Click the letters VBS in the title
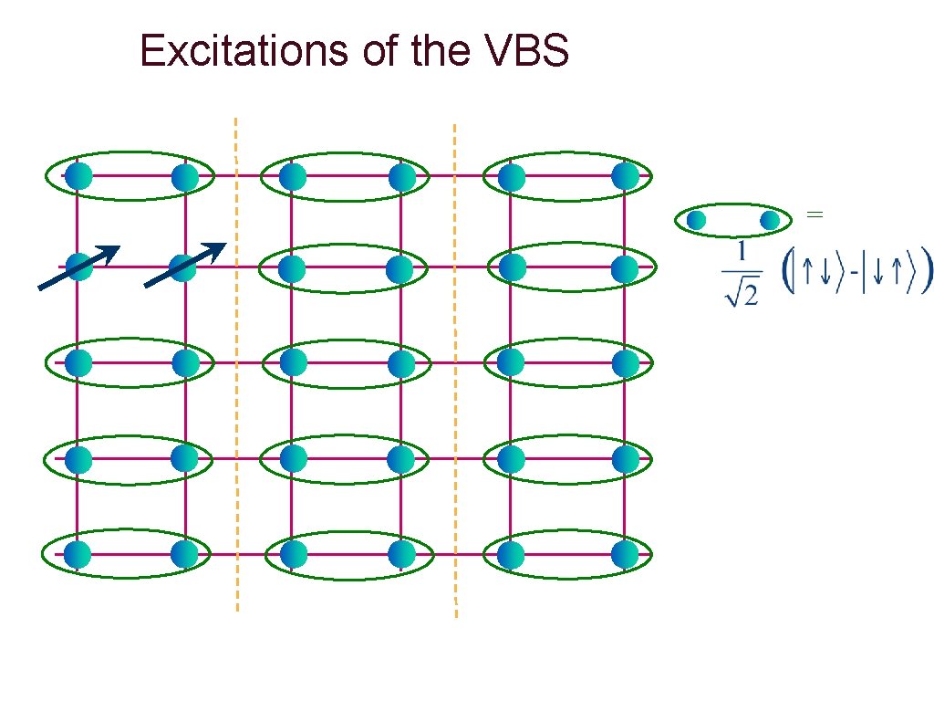coord(523,51)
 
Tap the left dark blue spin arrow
coord(79,267)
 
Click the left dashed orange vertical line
coord(236,365)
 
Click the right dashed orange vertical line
coord(454,365)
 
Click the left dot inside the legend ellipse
coord(696,220)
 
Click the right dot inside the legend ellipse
coord(769,220)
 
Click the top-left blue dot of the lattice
coord(79,176)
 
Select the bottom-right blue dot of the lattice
coord(625,554)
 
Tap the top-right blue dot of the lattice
coord(625,176)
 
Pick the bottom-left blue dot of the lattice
coord(78,554)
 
